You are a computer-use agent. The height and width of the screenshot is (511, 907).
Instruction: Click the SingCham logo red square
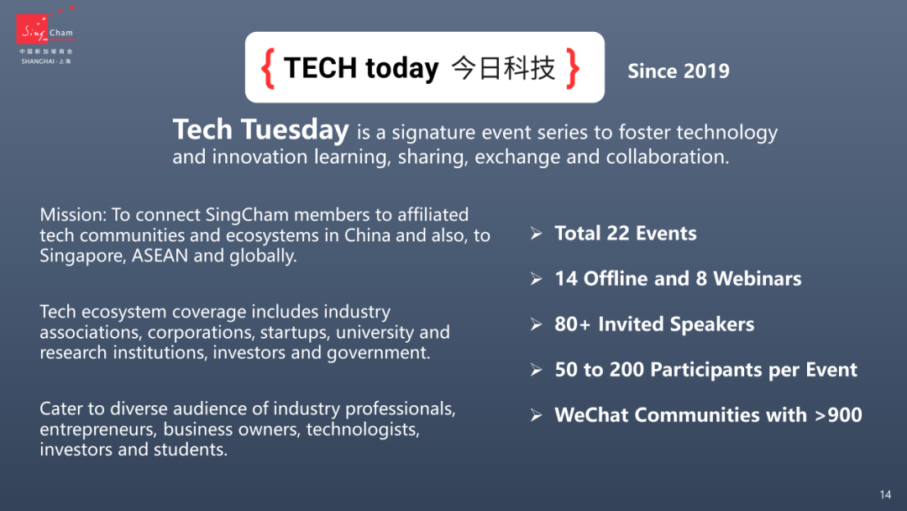click(x=32, y=29)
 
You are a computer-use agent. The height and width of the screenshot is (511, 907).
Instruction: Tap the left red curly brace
click(x=267, y=68)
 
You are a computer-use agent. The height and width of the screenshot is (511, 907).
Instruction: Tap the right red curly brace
click(x=573, y=68)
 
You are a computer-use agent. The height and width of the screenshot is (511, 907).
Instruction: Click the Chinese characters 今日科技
click(x=503, y=68)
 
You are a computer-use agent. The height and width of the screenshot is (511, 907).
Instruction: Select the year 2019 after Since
click(x=706, y=71)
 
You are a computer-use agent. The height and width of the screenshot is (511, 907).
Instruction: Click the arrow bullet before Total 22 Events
click(x=536, y=234)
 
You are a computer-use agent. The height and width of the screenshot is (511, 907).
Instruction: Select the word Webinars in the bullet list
click(x=758, y=279)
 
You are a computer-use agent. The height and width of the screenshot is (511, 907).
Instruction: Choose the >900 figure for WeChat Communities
click(x=838, y=415)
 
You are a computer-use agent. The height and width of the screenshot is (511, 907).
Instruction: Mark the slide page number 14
click(x=885, y=495)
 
